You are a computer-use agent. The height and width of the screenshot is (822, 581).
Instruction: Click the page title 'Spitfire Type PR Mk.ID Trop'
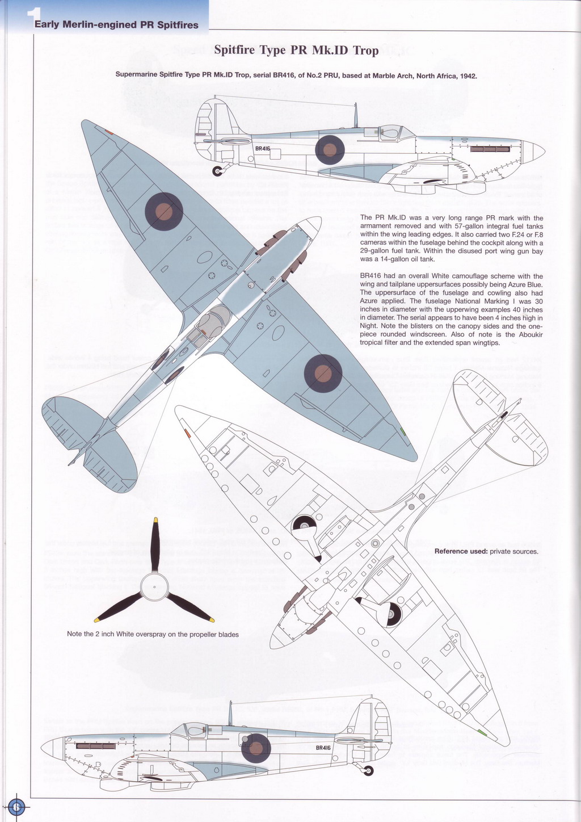(296, 51)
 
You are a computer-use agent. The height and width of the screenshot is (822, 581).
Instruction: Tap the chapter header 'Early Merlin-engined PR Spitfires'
(116, 25)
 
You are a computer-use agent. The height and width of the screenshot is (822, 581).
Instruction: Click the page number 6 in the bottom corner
(16, 806)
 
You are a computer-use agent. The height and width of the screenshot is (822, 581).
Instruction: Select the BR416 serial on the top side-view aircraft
(263, 149)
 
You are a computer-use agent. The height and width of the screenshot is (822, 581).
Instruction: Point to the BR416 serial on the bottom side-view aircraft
(323, 748)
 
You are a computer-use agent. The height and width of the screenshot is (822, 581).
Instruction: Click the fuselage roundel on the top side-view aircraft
(330, 150)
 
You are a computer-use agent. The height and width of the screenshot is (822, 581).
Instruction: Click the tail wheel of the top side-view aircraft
(218, 170)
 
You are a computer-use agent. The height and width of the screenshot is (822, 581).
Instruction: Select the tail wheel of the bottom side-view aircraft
(369, 770)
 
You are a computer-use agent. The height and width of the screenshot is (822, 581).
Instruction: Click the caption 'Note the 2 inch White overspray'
(153, 634)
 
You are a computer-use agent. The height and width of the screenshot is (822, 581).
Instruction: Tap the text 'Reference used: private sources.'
(486, 551)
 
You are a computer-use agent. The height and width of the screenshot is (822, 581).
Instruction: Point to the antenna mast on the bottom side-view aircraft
(230, 713)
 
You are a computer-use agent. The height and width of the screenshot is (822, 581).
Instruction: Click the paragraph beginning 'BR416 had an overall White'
(451, 309)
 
